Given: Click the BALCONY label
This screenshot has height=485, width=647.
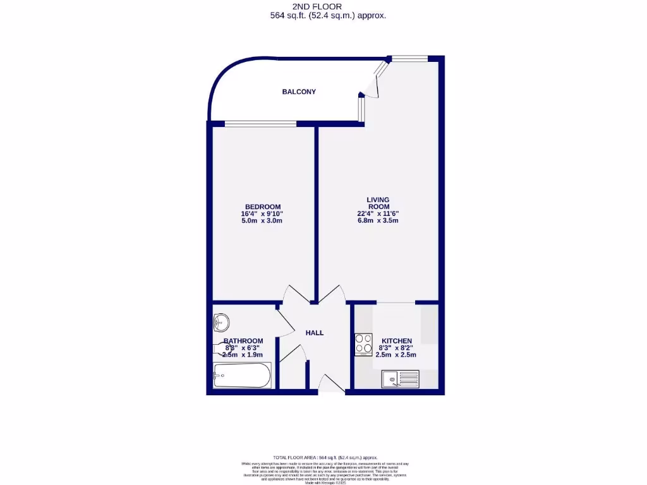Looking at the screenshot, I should pyautogui.click(x=299, y=92).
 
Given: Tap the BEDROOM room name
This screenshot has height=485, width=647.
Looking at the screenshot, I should pyautogui.click(x=262, y=207).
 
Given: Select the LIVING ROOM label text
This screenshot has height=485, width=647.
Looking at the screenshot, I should pyautogui.click(x=378, y=204).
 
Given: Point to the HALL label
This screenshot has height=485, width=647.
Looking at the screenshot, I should pyautogui.click(x=315, y=333).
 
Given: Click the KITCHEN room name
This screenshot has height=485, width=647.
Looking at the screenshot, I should pyautogui.click(x=396, y=341).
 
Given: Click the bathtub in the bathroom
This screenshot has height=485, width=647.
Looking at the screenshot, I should pyautogui.click(x=242, y=377).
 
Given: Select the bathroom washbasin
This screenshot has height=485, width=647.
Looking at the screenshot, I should pyautogui.click(x=221, y=323).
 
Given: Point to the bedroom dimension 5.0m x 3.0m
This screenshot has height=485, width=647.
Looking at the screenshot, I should pyautogui.click(x=262, y=221).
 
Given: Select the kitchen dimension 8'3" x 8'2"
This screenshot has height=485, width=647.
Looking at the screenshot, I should pyautogui.click(x=396, y=348).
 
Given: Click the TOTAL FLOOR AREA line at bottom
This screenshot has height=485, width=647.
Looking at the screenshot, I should pyautogui.click(x=325, y=457).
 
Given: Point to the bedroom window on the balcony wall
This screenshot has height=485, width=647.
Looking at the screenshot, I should pyautogui.click(x=260, y=123).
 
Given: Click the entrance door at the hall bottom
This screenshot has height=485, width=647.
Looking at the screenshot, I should pyautogui.click(x=332, y=385).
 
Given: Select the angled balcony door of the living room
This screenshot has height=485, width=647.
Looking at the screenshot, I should pyautogui.click(x=371, y=83).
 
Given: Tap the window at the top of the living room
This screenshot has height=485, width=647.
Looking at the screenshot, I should pyautogui.click(x=409, y=58).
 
